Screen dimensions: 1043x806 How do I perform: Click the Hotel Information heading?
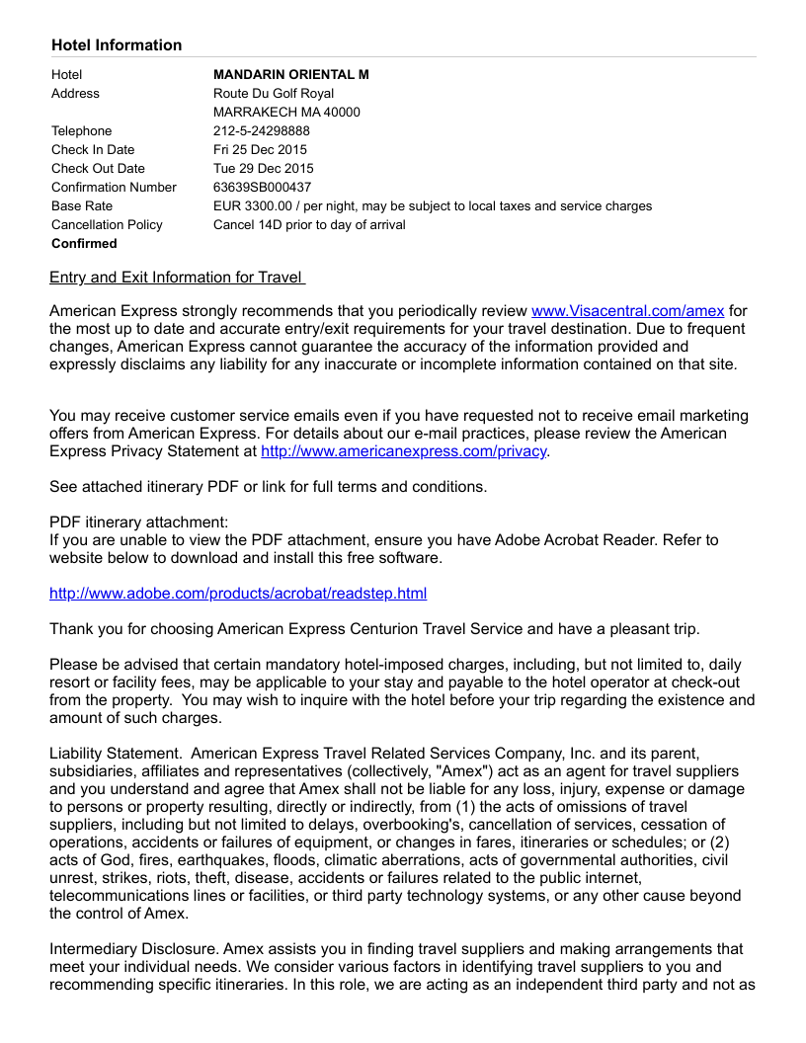pos(117,45)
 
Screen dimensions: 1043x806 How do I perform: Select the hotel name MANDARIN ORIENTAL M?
pos(290,75)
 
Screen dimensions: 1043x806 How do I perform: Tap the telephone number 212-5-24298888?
pos(261,131)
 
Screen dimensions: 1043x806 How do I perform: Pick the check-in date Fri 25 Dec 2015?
pos(260,150)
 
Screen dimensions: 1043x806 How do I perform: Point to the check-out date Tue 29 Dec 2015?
pos(263,169)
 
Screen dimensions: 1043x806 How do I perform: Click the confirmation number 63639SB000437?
pos(262,188)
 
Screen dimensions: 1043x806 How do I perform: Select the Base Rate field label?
pos(82,206)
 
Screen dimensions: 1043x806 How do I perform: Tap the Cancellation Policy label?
pos(107,225)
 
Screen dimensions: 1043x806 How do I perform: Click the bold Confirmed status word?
pos(84,244)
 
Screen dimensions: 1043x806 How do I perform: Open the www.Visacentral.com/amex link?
pos(627,310)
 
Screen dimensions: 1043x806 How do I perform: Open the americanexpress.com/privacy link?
pos(403,451)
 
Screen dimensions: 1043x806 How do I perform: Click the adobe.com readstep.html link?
pos(238,594)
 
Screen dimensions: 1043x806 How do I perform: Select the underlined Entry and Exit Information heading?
pos(177,278)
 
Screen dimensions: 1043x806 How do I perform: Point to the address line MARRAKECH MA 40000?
pos(286,113)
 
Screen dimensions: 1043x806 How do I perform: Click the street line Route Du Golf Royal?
pos(274,94)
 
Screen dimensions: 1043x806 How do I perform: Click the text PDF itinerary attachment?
pos(138,522)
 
